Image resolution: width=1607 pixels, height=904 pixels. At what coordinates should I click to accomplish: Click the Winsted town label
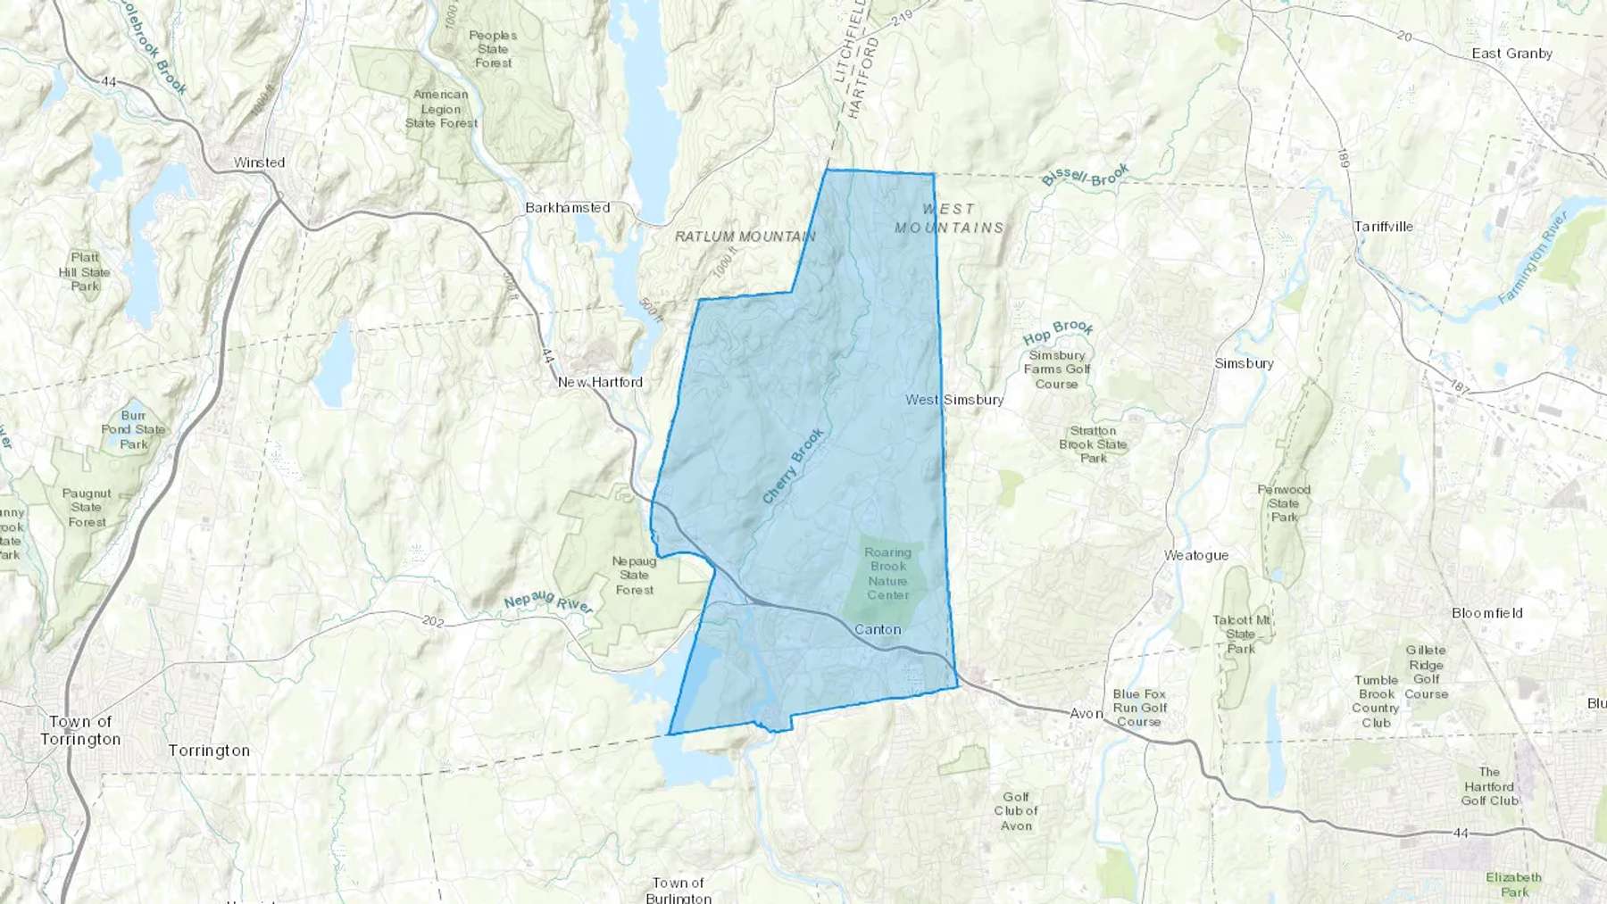coord(259,162)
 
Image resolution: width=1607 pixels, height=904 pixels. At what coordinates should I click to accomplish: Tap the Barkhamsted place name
coord(568,208)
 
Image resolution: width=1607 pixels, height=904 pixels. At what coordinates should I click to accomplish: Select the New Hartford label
coord(600,382)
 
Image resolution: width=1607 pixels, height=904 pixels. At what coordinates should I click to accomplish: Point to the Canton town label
coord(878,629)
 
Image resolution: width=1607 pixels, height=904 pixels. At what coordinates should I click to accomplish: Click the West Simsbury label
coord(954,400)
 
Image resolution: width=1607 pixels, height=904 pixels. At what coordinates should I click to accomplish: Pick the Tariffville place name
coord(1383,227)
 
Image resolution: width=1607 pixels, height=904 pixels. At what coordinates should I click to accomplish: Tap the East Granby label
coord(1511,54)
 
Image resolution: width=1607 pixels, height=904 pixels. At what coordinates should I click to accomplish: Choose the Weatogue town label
coord(1196,555)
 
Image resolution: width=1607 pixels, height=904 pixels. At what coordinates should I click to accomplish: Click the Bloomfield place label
coord(1486,613)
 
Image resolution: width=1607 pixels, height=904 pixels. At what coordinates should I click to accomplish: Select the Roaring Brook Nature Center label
coord(887,574)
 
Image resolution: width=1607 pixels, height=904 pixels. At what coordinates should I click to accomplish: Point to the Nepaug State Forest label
coord(634,576)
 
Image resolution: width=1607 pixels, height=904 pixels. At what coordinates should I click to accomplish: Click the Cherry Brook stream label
coord(793,466)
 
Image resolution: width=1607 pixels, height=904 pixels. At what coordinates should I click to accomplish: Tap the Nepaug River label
coord(548,602)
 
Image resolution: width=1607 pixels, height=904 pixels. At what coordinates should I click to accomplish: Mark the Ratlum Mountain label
coord(745,236)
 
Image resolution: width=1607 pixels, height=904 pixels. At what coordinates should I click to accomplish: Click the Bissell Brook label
coord(1085,175)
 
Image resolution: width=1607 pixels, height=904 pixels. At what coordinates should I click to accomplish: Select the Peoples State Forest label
coord(493,49)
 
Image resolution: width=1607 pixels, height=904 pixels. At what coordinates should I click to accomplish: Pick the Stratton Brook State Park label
coord(1093,444)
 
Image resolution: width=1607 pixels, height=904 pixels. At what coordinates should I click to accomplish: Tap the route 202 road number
coord(433,621)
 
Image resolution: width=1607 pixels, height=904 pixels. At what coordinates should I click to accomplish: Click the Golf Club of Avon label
coord(1016,811)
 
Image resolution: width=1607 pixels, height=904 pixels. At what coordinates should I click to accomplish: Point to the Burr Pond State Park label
coord(133,429)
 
